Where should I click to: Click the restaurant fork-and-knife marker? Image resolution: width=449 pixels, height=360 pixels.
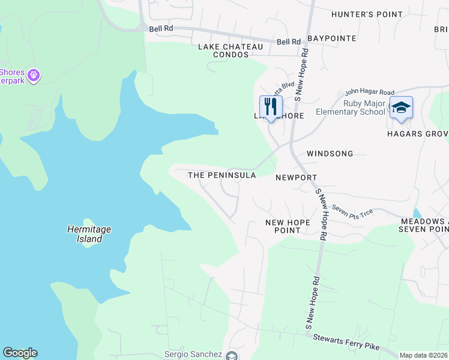[x=271, y=106]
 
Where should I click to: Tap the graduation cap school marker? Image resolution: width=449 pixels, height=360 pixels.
[x=401, y=107]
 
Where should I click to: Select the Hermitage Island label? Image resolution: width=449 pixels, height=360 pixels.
[x=89, y=234]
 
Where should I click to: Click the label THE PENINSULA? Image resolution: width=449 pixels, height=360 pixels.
[x=222, y=175]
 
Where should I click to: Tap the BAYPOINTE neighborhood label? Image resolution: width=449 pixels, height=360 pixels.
[x=332, y=38]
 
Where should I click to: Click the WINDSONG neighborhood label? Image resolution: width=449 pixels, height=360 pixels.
[x=330, y=154]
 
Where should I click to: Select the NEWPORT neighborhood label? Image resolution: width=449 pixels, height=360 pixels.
[x=296, y=178]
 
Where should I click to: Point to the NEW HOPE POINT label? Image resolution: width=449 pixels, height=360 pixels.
[x=288, y=226]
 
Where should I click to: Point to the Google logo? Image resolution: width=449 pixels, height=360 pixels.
[x=20, y=353]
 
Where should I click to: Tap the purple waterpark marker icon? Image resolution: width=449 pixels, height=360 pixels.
[x=33, y=75]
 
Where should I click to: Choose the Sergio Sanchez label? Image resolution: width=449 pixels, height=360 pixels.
[x=193, y=355]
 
